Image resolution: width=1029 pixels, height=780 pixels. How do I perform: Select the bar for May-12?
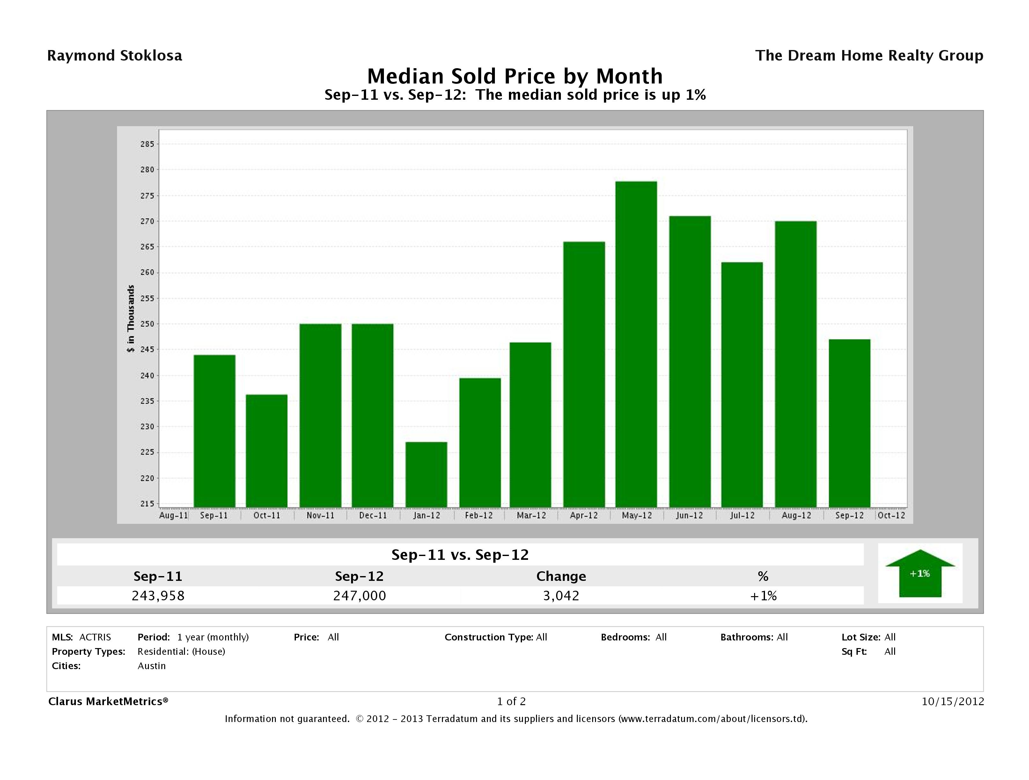pos(636,344)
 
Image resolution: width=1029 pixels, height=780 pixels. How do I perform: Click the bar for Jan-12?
pos(426,474)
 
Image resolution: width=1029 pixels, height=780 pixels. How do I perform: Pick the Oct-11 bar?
pos(267,451)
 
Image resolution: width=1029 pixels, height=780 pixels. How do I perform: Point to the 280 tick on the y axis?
pos(147,170)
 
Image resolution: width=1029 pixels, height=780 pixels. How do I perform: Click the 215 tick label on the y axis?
pos(147,503)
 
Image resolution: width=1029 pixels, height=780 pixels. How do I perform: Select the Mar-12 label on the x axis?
pos(531,516)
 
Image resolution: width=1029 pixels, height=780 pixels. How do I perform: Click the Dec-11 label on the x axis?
pos(373,516)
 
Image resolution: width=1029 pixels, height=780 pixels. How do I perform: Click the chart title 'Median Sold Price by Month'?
pos(515,76)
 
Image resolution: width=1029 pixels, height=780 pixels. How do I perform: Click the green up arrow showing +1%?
pos(920,573)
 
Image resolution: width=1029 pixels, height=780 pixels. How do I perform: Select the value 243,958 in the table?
pos(158,596)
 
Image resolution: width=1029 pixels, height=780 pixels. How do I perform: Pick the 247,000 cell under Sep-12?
pos(360,596)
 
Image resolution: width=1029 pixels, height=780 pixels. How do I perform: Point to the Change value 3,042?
pos(561,596)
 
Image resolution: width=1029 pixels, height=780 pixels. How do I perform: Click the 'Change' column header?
pos(561,576)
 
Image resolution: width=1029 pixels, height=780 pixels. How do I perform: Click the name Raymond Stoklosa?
pos(114,56)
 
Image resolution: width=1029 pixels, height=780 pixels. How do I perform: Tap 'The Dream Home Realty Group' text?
pos(869,56)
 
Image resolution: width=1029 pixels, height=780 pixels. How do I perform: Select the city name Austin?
pos(152,666)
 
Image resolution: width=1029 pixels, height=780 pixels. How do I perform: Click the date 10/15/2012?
pos(953,701)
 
